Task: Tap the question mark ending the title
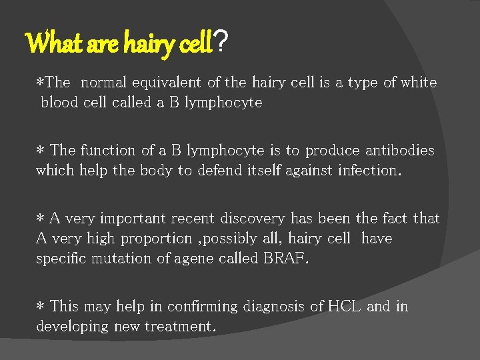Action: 223,45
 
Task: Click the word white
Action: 419,83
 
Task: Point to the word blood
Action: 60,103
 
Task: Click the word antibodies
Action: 398,151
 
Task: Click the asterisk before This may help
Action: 40,307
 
